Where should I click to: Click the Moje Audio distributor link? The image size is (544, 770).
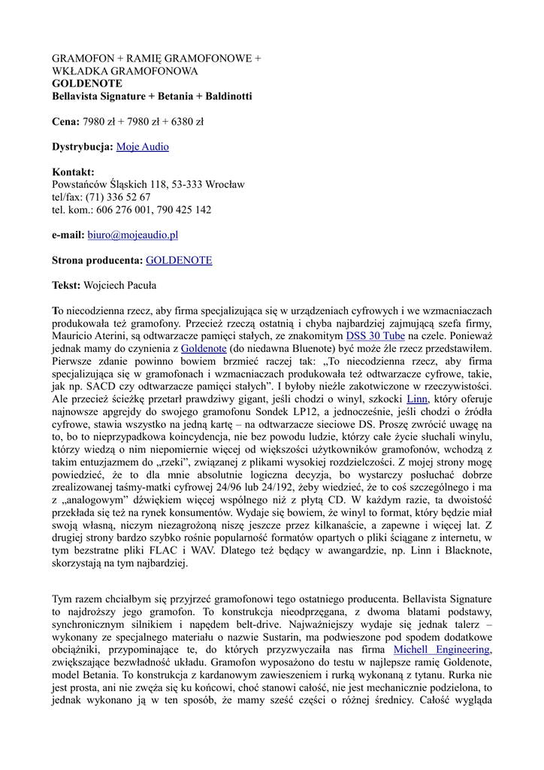[142, 147]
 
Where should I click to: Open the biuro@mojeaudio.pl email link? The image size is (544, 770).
[132, 235]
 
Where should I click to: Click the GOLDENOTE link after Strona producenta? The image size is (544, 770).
[178, 260]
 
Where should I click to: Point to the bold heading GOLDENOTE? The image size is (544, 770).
[86, 83]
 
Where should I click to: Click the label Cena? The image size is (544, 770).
[65, 121]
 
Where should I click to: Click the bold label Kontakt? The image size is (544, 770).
[73, 172]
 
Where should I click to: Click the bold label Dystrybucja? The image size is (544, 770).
[82, 147]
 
